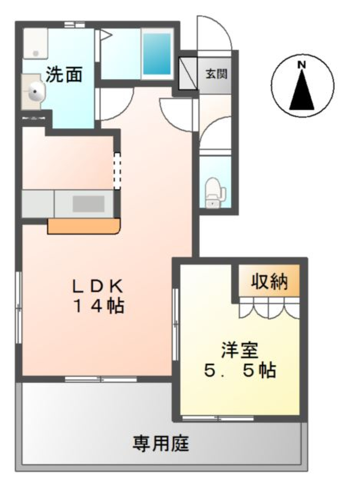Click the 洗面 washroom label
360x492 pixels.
pyautogui.click(x=64, y=74)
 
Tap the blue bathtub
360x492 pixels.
pyautogui.click(x=157, y=55)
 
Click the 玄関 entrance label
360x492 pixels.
pyautogui.click(x=216, y=73)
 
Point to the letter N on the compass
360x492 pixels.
pyautogui.click(x=302, y=65)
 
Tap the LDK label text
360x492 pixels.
pyautogui.click(x=98, y=287)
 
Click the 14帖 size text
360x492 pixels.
pyautogui.click(x=99, y=306)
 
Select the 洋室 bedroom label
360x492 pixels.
pyautogui.click(x=240, y=351)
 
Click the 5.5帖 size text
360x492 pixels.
pyautogui.click(x=240, y=370)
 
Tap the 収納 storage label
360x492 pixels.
pyautogui.click(x=269, y=281)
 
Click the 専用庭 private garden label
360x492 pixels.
pyautogui.click(x=160, y=444)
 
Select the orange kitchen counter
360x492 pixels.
pyautogui.click(x=83, y=226)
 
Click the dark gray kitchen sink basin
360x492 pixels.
pyautogui.click(x=88, y=204)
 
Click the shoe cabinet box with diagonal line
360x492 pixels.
pyautogui.click(x=188, y=73)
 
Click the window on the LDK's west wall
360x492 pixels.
pyautogui.click(x=18, y=308)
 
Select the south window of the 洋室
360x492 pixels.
pyautogui.click(x=217, y=418)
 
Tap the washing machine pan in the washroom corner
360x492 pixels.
pyautogui.click(x=35, y=44)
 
